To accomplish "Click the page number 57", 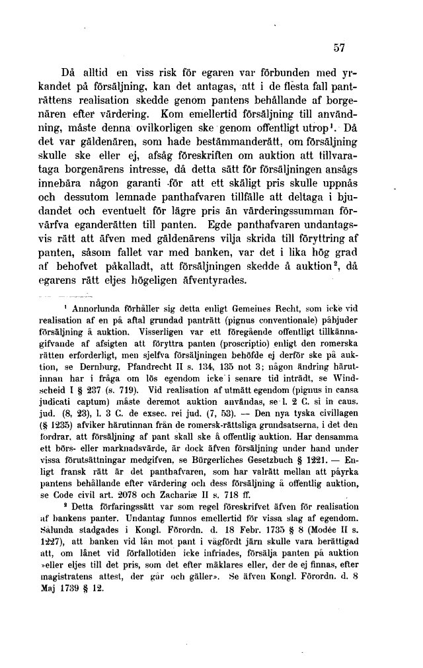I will point(340,48).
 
